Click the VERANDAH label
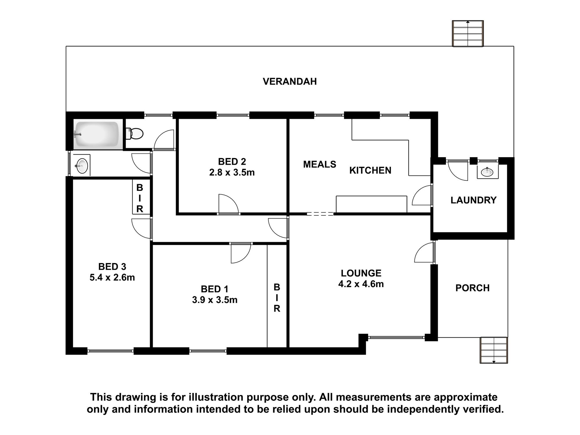[290, 81]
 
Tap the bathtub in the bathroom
[97, 135]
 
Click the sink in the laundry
[487, 172]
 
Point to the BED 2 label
[232, 162]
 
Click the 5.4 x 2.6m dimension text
[112, 278]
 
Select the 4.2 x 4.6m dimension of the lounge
[361, 284]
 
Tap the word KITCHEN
[370, 170]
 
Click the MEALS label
[320, 164]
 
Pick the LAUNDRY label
[474, 200]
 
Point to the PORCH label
[472, 288]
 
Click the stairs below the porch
[494, 350]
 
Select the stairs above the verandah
[468, 33]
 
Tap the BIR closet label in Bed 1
[277, 298]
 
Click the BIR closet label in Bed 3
[140, 198]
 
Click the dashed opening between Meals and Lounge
[320, 214]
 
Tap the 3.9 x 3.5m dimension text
[215, 300]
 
